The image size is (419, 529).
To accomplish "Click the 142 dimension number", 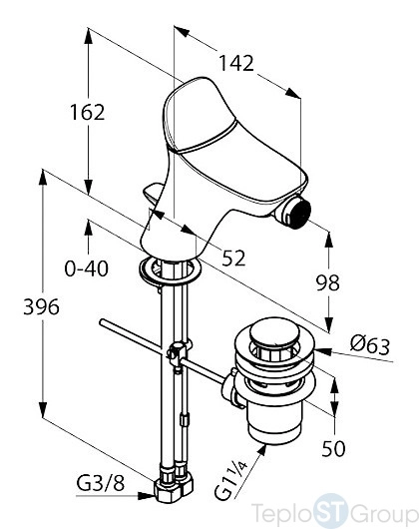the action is [x=236, y=63].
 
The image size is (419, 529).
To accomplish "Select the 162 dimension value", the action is [x=88, y=112].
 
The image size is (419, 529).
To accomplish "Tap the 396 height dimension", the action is [x=41, y=306].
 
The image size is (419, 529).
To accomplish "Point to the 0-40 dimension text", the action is [x=87, y=268].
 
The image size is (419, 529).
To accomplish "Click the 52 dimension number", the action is [x=233, y=259].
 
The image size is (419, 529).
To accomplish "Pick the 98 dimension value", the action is [x=327, y=282].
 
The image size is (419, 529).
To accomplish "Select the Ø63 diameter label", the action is [x=370, y=345].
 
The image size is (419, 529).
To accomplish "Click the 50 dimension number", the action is [x=333, y=448].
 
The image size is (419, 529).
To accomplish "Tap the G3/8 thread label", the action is [x=100, y=483].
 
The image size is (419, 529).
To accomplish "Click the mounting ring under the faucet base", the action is [x=170, y=270].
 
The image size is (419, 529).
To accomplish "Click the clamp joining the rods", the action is [x=177, y=354].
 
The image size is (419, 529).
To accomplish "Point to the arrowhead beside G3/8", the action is [x=147, y=496].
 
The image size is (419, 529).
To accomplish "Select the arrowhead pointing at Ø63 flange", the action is [x=323, y=351].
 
